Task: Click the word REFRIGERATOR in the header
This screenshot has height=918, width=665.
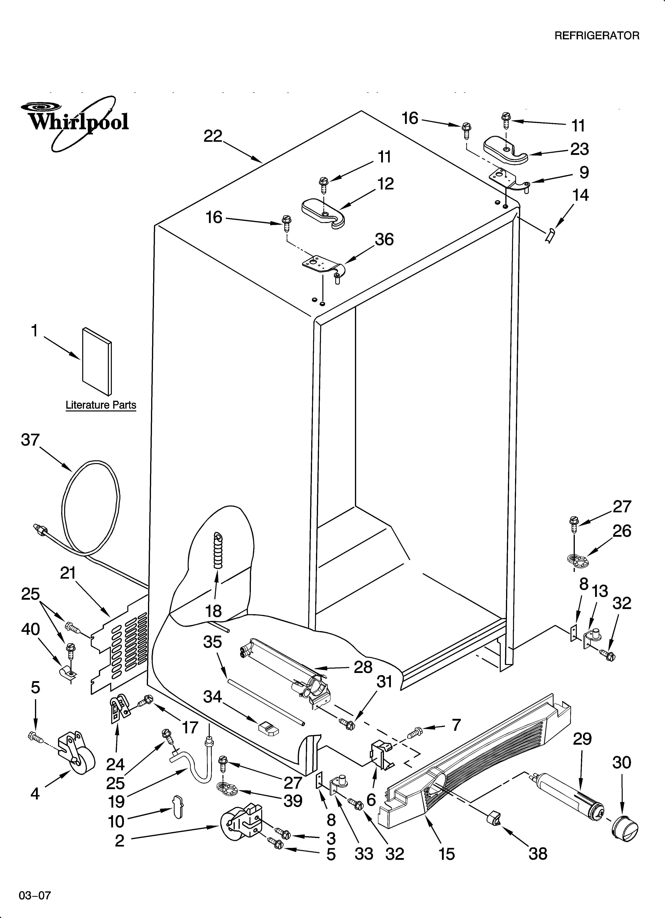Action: [596, 36]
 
